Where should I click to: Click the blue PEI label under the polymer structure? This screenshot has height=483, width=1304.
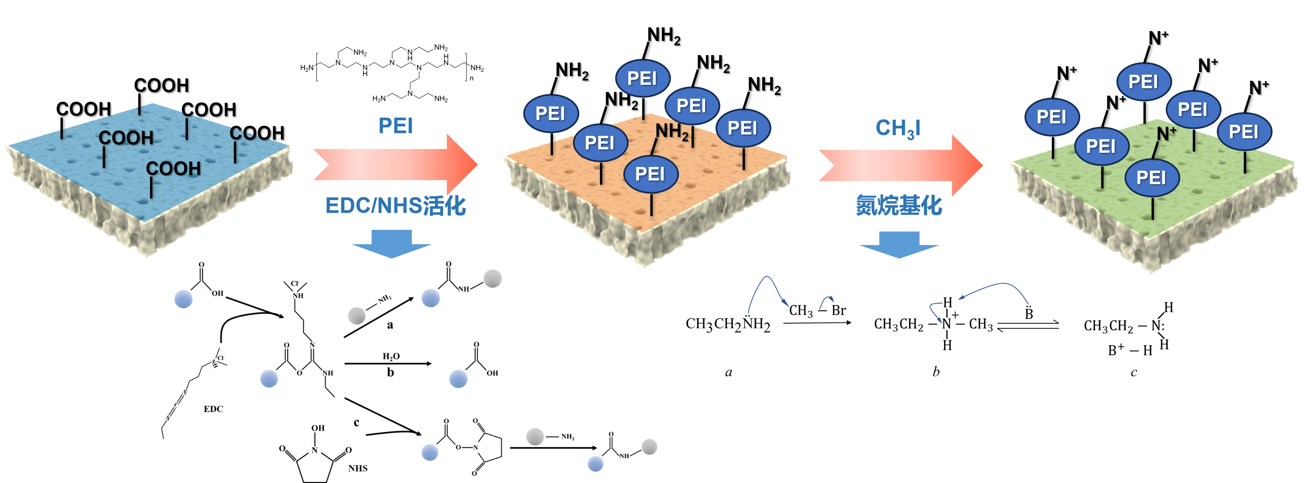pyautogui.click(x=395, y=125)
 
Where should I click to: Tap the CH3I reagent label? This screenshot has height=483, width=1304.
pyautogui.click(x=897, y=128)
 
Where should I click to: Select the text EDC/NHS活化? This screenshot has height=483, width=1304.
pyautogui.click(x=395, y=206)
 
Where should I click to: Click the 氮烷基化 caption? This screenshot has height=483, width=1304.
pyautogui.click(x=898, y=206)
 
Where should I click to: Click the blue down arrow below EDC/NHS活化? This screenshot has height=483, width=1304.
pyautogui.click(x=391, y=243)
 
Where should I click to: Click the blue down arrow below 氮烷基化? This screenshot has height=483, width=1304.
pyautogui.click(x=899, y=244)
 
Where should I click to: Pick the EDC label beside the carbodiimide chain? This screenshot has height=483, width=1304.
pyautogui.click(x=213, y=409)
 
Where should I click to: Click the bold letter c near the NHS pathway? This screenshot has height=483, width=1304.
pyautogui.click(x=356, y=422)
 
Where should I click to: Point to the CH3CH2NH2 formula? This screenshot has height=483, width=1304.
pyautogui.click(x=727, y=324)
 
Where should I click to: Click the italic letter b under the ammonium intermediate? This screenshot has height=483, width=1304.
pyautogui.click(x=936, y=372)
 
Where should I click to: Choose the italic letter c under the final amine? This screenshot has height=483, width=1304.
pyautogui.click(x=1133, y=372)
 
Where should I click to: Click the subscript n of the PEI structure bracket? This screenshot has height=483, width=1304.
pyautogui.click(x=471, y=78)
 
